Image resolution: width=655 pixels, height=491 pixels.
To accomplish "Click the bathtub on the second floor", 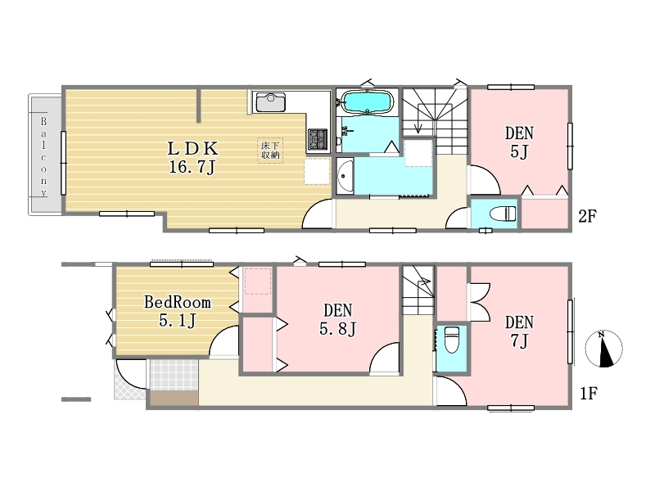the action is (367, 101).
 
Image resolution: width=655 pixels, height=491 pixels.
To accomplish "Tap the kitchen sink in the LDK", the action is (271, 102).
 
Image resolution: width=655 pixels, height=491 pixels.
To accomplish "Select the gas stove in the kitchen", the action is (318, 139).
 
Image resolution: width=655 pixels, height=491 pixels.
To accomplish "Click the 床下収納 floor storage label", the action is (270, 151).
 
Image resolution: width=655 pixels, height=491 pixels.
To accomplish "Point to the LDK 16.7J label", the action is (192, 157).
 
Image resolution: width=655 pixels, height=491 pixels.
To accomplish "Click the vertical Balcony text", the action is (43, 157).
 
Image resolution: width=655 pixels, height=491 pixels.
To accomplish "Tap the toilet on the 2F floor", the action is (503, 214).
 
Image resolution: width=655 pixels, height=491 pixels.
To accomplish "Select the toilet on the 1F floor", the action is (452, 340).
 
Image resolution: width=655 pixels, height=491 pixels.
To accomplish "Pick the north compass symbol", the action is (603, 349).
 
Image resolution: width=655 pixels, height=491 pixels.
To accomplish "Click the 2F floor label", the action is (587, 216).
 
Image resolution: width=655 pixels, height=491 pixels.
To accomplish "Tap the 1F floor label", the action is (589, 394).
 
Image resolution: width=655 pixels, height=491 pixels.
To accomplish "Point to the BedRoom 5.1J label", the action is (178, 311).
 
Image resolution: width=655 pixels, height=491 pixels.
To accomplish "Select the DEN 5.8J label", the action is (338, 319).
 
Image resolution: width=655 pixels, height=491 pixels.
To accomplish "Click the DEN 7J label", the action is (519, 331).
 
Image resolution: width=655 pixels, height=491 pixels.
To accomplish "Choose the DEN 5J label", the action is (519, 142).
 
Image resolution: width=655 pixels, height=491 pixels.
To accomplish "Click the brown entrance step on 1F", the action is (174, 398).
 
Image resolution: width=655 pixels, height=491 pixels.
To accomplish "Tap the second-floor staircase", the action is (435, 120).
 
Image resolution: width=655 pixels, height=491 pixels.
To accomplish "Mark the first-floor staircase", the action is (418, 290).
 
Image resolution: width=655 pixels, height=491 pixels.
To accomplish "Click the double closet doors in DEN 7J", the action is (479, 302).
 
